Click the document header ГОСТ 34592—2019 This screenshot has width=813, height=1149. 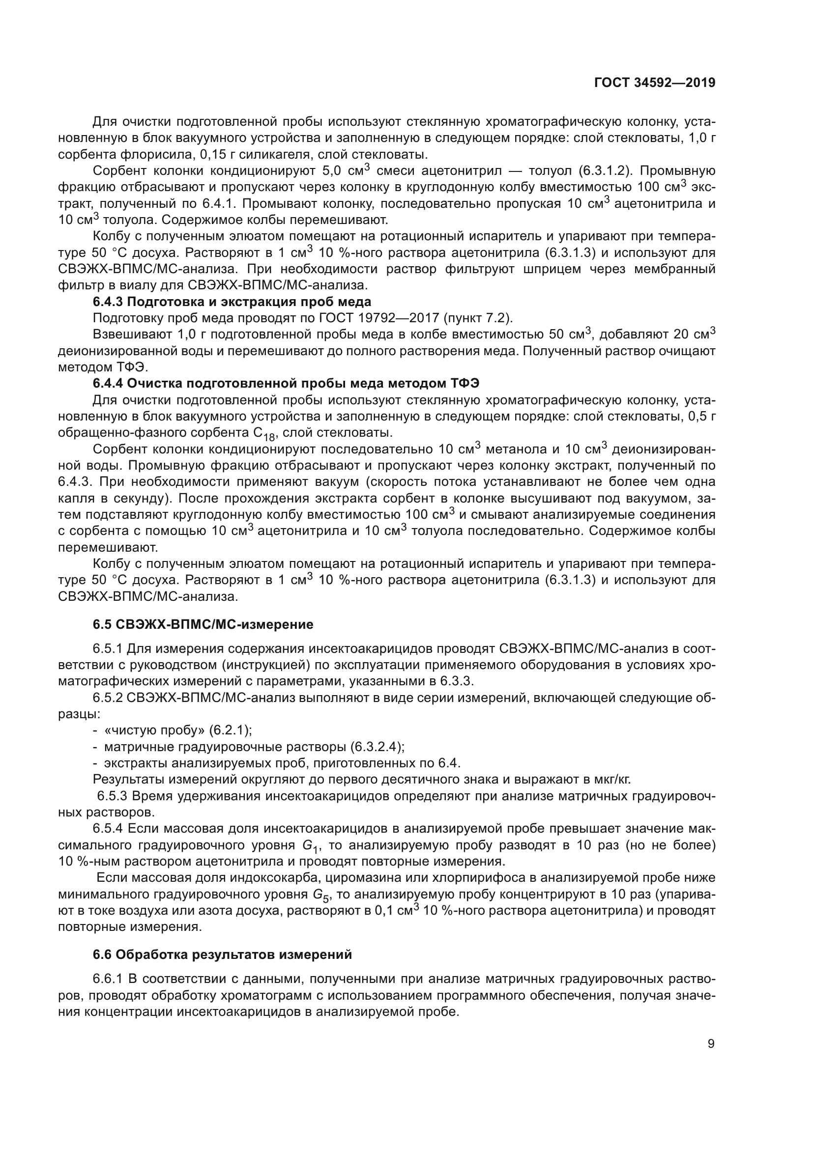654,83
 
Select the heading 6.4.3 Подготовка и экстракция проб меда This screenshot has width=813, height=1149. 232,302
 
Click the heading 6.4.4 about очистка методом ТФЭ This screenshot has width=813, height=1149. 286,383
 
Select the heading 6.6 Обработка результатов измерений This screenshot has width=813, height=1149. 222,955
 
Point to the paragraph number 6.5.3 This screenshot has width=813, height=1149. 110,796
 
